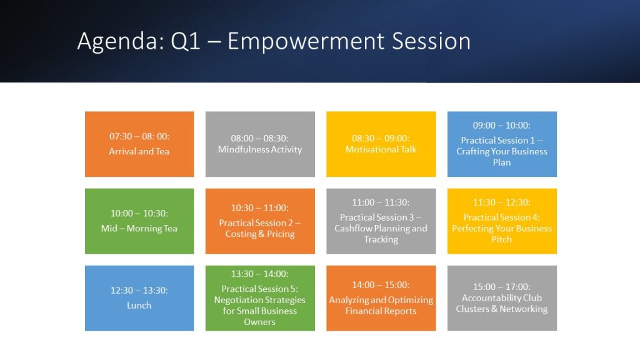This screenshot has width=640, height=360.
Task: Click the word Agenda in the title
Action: [x=121, y=42]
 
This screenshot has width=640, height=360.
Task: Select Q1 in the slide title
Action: [x=185, y=41]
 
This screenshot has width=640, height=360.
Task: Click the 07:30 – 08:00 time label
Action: [x=139, y=136]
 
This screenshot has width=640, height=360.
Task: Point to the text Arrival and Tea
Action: [x=139, y=151]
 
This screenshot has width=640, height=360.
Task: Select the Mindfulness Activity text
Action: [x=260, y=149]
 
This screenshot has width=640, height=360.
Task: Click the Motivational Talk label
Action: [x=381, y=149]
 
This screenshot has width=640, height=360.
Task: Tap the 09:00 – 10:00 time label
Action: [x=502, y=125]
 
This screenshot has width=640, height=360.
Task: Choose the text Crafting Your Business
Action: [x=502, y=151]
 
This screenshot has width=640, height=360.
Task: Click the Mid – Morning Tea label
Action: [x=139, y=229]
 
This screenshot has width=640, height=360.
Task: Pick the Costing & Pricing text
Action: [x=260, y=234]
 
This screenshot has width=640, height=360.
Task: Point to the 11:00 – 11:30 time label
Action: [x=381, y=202]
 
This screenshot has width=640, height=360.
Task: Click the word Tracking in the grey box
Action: [x=381, y=239]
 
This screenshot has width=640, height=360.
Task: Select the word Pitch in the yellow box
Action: [x=502, y=239]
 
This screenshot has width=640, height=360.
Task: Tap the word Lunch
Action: [x=139, y=305]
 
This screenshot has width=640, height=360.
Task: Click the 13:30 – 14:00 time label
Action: [x=259, y=274]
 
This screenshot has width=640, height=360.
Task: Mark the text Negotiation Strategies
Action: [x=259, y=300]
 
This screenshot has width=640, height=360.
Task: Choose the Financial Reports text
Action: [x=381, y=311]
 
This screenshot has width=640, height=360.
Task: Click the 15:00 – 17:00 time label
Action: [x=502, y=287]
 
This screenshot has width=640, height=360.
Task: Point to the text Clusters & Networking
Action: [x=502, y=309]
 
